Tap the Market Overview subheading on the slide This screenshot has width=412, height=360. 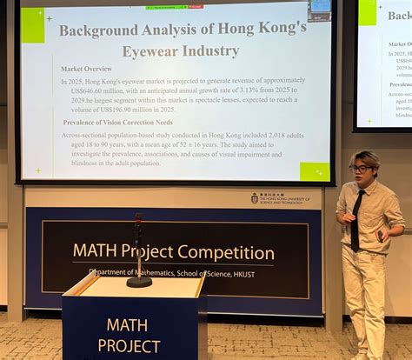[x=86, y=69]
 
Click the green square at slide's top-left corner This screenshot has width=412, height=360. [x=33, y=25]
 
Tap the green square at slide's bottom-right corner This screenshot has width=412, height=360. [x=314, y=170]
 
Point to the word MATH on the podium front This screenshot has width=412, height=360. [x=127, y=326]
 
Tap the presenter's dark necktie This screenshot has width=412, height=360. [x=356, y=218]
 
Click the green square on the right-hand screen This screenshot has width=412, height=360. [x=368, y=12]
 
